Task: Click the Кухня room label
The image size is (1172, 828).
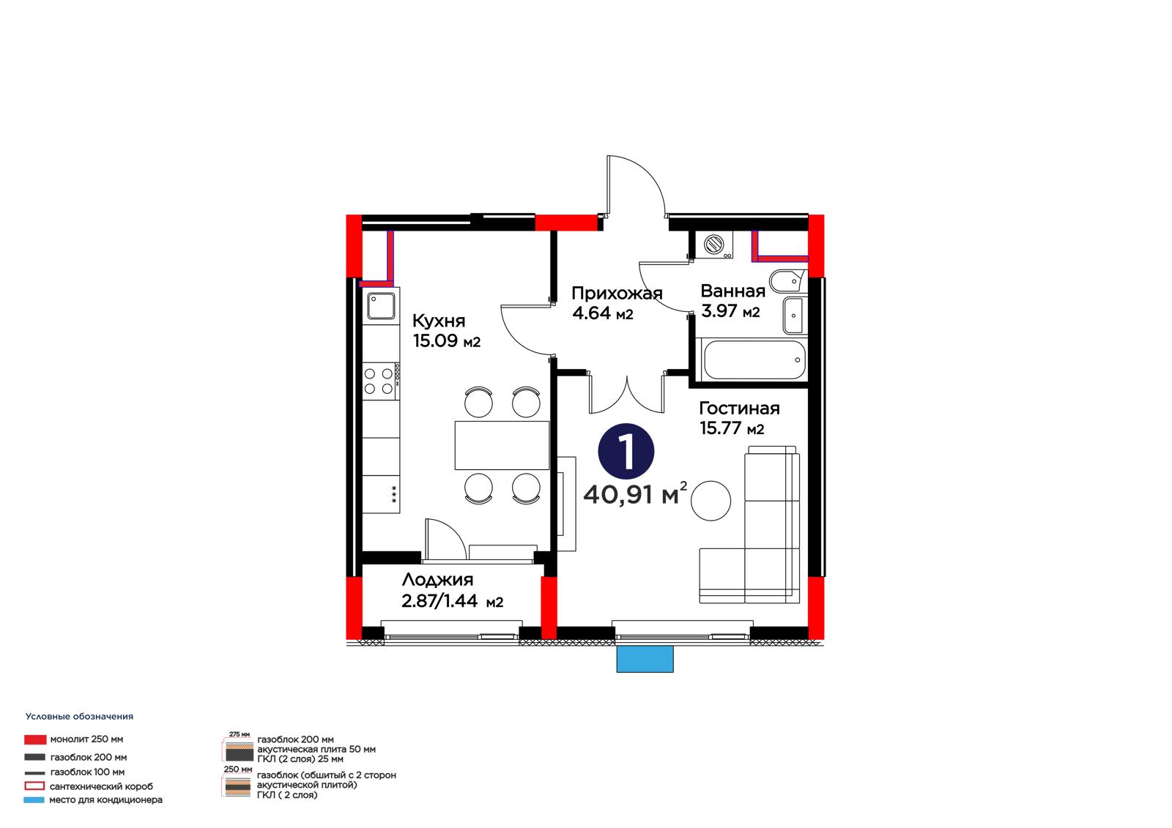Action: pyautogui.click(x=439, y=321)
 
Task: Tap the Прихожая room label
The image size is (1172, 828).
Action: pyautogui.click(x=617, y=293)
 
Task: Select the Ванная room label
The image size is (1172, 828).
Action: pyautogui.click(x=732, y=291)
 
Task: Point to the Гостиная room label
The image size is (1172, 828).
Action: pyautogui.click(x=739, y=408)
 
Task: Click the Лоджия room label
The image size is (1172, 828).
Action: pyautogui.click(x=437, y=580)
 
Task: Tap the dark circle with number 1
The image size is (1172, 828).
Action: pyautogui.click(x=626, y=452)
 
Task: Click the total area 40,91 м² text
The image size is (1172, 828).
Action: pyautogui.click(x=634, y=493)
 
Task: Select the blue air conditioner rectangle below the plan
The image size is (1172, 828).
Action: pyautogui.click(x=645, y=659)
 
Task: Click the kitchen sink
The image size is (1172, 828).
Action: pyautogui.click(x=381, y=306)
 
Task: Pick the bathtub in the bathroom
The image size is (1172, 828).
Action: pyautogui.click(x=754, y=359)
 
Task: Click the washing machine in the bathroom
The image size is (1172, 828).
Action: pyautogui.click(x=714, y=245)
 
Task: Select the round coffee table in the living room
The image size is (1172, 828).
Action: pyautogui.click(x=710, y=501)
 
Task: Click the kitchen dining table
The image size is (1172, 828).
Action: pyautogui.click(x=502, y=445)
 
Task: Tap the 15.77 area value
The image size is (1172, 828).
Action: pyautogui.click(x=720, y=428)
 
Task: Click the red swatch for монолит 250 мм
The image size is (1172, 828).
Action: pyautogui.click(x=35, y=739)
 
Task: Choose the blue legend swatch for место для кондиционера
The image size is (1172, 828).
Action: pyautogui.click(x=34, y=799)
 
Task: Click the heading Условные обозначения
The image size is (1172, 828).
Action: pyautogui.click(x=80, y=717)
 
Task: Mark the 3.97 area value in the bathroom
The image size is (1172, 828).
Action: pyautogui.click(x=719, y=311)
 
